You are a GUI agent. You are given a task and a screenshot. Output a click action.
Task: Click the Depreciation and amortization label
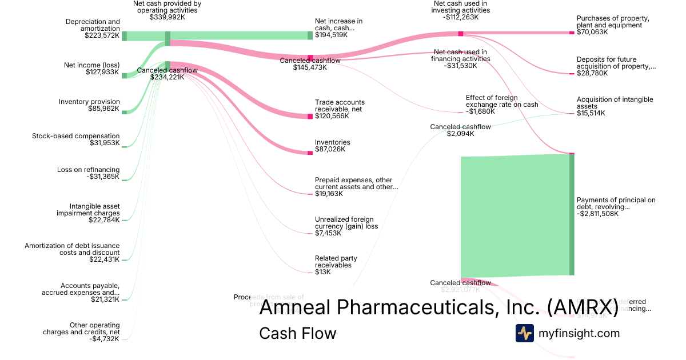point(93,25)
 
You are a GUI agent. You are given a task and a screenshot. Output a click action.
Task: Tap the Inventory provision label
point(89,102)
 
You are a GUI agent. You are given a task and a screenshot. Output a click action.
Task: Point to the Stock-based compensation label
point(76,136)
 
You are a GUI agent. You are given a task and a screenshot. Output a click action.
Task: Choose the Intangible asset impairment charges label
point(87,210)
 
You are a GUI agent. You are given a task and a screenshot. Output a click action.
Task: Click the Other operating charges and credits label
point(81,329)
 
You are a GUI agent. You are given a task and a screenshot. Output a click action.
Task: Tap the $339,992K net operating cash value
point(167,17)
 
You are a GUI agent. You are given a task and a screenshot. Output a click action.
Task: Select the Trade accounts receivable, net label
point(340,106)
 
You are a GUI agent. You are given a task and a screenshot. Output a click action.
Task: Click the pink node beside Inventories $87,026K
point(310,153)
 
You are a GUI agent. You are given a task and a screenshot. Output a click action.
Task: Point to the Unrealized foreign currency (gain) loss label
point(344,222)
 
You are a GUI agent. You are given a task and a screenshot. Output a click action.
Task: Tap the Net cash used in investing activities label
point(460,7)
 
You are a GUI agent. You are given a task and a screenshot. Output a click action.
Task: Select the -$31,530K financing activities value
point(460,65)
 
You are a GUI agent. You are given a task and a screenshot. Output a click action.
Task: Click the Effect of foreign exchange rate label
point(502,101)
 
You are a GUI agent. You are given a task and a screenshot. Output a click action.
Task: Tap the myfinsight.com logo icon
point(524,333)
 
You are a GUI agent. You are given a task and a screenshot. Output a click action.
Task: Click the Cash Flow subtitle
point(297,333)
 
